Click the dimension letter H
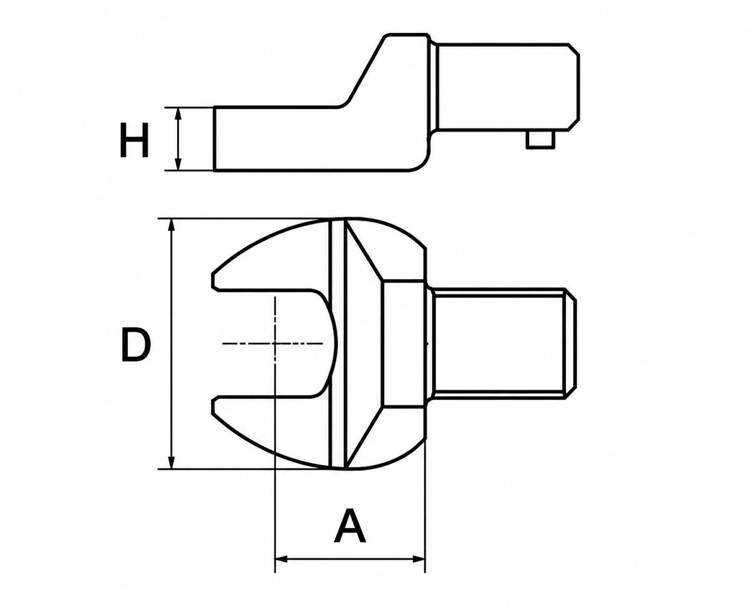pos(134,140)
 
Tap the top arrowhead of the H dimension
pos(178,114)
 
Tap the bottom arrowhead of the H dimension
pos(178,164)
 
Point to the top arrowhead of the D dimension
pos(171,225)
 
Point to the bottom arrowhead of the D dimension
pos(171,462)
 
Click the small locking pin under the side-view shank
pos(539,140)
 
